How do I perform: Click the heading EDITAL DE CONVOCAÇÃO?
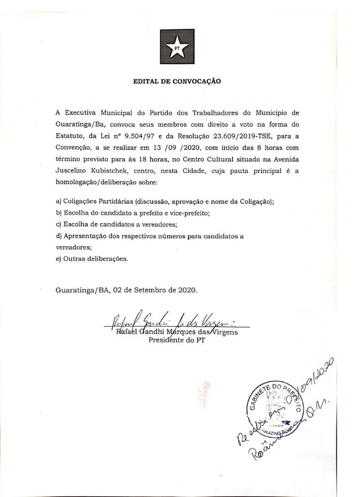point(177,82)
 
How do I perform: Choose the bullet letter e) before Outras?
point(58,259)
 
